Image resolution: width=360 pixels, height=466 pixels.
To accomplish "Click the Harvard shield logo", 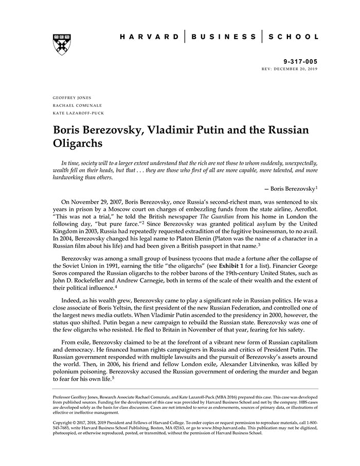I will [61, 45].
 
